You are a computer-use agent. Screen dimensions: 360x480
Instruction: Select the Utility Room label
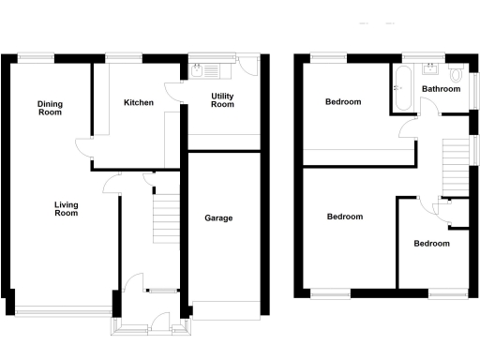click(x=221, y=101)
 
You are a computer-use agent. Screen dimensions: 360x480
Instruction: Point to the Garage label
click(x=218, y=218)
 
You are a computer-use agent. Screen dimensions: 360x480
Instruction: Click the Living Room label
click(x=66, y=209)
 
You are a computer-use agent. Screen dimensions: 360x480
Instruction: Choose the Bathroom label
click(x=441, y=89)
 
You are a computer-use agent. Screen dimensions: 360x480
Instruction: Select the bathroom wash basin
click(x=432, y=68)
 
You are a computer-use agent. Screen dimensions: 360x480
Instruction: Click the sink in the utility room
click(x=200, y=68)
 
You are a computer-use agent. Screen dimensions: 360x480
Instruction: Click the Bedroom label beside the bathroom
click(x=343, y=102)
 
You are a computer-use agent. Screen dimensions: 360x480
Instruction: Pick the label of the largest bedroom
click(x=344, y=217)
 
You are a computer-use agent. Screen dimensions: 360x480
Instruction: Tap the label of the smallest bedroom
click(x=431, y=244)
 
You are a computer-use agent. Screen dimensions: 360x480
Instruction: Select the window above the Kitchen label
click(x=124, y=59)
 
